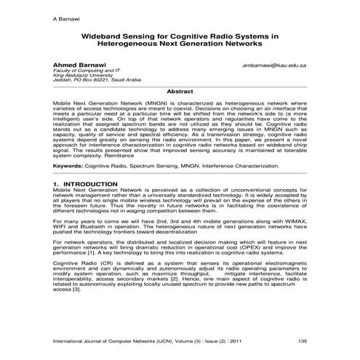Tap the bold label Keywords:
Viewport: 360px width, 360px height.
68,167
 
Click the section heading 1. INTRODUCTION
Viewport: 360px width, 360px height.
86,185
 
